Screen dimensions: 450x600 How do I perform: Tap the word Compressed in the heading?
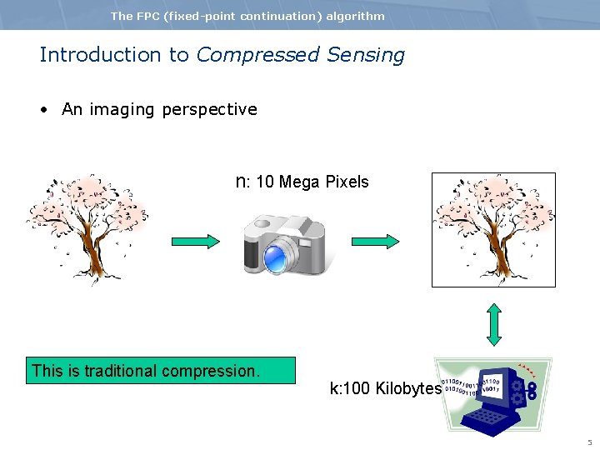pos(257,56)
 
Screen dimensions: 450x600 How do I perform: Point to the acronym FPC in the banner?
pos(148,16)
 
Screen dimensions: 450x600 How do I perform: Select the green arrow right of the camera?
pos(373,242)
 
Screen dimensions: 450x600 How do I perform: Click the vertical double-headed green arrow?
pos(494,324)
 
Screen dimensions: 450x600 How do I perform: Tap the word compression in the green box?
pos(217,371)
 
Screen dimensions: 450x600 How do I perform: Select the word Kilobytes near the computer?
pos(407,388)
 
